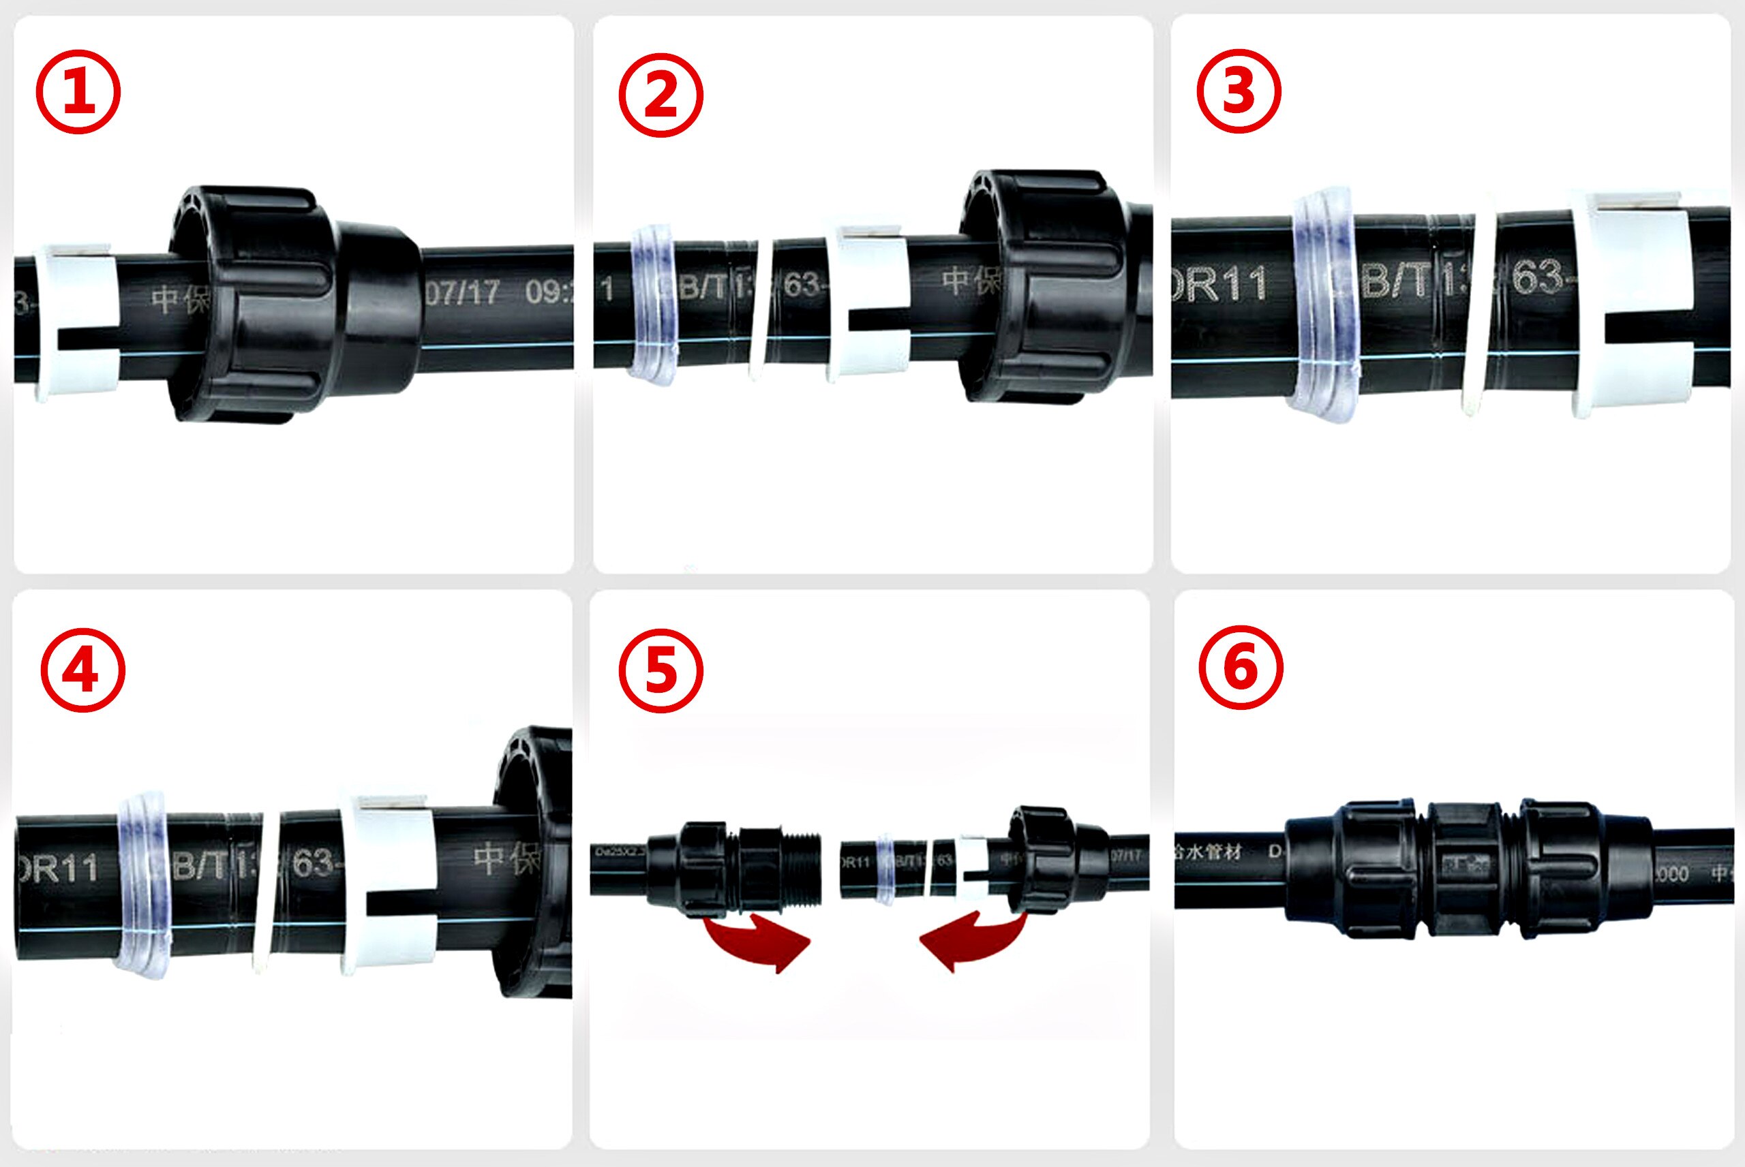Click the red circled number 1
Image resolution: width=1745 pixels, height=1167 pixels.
(x=78, y=91)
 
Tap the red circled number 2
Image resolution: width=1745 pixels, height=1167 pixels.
(x=661, y=95)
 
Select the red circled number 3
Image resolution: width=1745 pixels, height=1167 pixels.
(x=1238, y=91)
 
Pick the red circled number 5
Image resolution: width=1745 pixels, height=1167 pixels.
(x=661, y=670)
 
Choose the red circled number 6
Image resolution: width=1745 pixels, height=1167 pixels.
(x=1241, y=668)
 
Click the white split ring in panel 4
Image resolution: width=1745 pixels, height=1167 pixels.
(x=389, y=884)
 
